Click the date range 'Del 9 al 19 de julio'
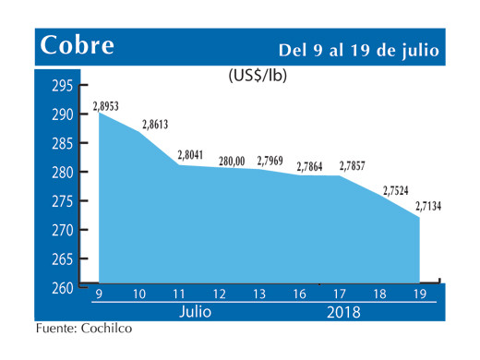click(359, 48)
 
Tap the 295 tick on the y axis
click(61, 87)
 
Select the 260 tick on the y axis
click(61, 289)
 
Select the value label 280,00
click(232, 162)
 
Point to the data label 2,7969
click(272, 162)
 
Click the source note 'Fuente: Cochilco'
click(78, 329)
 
